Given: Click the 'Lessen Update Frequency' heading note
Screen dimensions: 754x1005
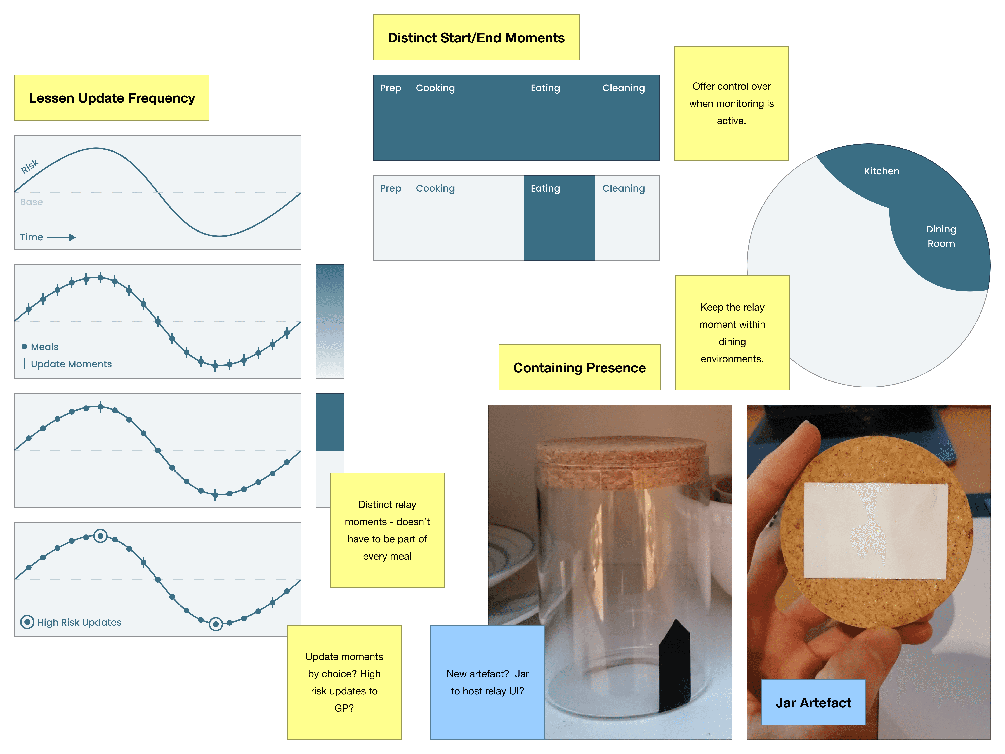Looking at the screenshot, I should pyautogui.click(x=112, y=98).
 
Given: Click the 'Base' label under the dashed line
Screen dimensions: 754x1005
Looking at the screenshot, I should pyautogui.click(x=31, y=202).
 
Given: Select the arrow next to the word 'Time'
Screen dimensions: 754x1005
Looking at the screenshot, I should pyautogui.click(x=61, y=237).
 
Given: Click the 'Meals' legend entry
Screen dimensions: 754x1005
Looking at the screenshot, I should pyautogui.click(x=44, y=347).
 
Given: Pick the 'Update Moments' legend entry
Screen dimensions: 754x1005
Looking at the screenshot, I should pyautogui.click(x=71, y=364).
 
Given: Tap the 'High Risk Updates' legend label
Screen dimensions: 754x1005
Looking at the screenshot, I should pyautogui.click(x=79, y=622).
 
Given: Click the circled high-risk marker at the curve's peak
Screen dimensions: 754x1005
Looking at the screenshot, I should pyautogui.click(x=100, y=536).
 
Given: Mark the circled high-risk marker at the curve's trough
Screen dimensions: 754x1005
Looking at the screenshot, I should pyautogui.click(x=216, y=624).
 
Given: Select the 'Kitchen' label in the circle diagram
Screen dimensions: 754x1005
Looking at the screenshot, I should pyautogui.click(x=881, y=171).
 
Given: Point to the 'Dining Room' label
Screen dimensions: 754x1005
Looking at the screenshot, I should pyautogui.click(x=941, y=236).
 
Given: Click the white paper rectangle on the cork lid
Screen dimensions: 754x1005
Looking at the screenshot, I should pyautogui.click(x=876, y=531).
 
